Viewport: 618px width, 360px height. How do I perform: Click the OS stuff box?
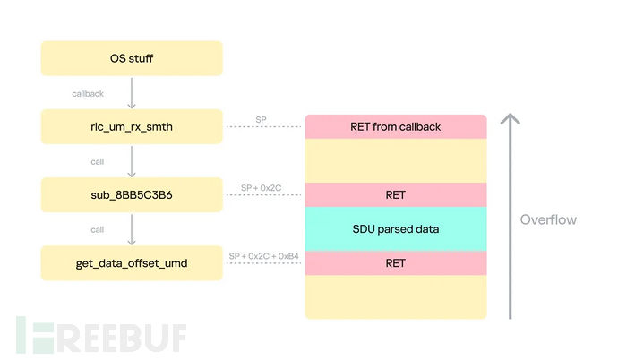[x=131, y=60]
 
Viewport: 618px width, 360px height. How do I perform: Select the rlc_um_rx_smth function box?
[x=131, y=126]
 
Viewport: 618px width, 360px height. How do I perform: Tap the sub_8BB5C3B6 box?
[x=131, y=194]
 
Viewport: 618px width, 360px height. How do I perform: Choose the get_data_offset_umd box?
[x=131, y=262]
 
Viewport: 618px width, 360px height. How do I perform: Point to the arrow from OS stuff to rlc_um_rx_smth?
[x=132, y=93]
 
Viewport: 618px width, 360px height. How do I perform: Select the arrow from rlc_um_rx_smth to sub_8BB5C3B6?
[x=132, y=160]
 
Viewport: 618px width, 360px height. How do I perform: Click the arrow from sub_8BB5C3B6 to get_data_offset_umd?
[x=132, y=228]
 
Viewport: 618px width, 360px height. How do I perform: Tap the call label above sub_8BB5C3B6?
[x=97, y=161]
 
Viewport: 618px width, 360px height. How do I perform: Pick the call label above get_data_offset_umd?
[x=97, y=229]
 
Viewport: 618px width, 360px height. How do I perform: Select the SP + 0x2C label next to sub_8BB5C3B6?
[x=262, y=187]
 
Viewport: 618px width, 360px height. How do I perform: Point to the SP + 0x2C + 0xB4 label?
[x=262, y=255]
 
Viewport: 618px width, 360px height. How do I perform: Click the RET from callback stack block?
[x=395, y=126]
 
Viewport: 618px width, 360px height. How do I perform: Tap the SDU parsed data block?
[x=395, y=228]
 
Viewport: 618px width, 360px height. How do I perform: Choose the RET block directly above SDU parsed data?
[x=395, y=194]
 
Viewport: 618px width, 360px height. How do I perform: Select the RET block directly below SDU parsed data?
[x=395, y=262]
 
